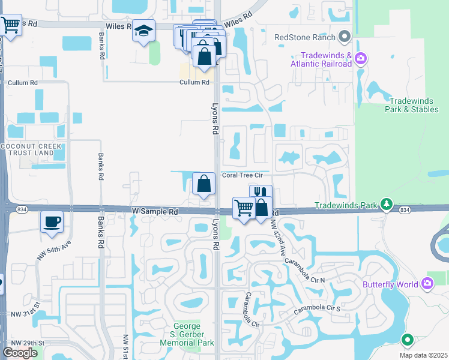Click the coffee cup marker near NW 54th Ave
[52, 221]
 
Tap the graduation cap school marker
[144, 30]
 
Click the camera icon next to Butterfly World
[427, 283]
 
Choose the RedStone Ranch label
[305, 37]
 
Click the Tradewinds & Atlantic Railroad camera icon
[361, 58]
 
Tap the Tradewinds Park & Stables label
[415, 105]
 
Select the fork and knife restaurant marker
[261, 193]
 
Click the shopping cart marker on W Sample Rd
[244, 208]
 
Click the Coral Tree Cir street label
[243, 175]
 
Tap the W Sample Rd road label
[155, 212]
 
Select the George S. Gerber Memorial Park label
[187, 334]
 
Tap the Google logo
[20, 353]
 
